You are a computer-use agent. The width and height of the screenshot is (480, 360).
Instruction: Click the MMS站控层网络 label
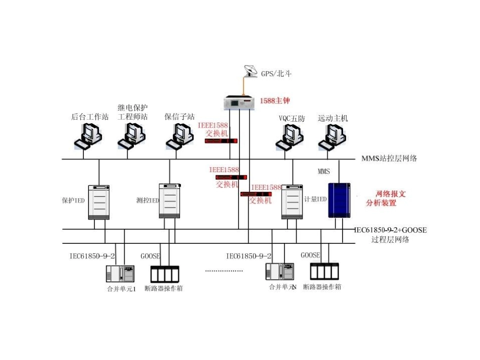pyautogui.click(x=389, y=159)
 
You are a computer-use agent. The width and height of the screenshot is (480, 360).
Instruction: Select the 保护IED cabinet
pyautogui.click(x=99, y=201)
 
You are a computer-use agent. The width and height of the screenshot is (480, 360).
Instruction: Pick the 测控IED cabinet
pyautogui.click(x=170, y=201)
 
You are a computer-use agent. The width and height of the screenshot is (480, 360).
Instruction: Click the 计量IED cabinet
pyautogui.click(x=292, y=201)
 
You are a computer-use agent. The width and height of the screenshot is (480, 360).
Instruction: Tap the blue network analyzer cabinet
pyautogui.click(x=340, y=200)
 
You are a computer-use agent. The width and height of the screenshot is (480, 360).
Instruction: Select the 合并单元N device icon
pyautogui.click(x=280, y=272)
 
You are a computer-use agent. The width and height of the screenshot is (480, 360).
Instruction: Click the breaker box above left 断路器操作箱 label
pyautogui.click(x=165, y=274)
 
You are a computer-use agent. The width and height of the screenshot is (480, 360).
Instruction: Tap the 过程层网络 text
pyautogui.click(x=390, y=240)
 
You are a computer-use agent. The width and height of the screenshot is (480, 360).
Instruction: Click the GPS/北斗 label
pyautogui.click(x=276, y=74)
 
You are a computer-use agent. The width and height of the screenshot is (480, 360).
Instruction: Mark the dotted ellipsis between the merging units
pyautogui.click(x=224, y=271)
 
